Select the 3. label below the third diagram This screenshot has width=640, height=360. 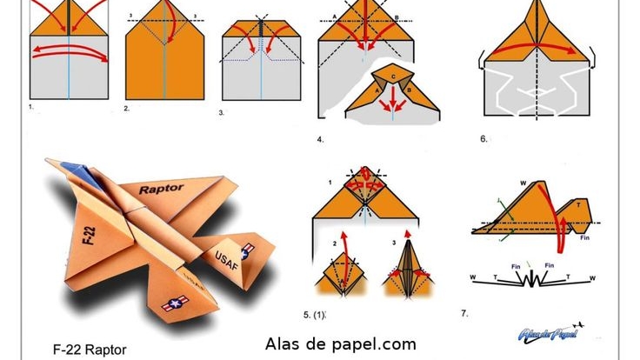click(222, 112)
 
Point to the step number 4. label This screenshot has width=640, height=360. click(320, 138)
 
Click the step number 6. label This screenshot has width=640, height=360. click(483, 137)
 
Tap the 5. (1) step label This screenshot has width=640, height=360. click(324, 313)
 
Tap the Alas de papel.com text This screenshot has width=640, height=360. click(340, 343)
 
